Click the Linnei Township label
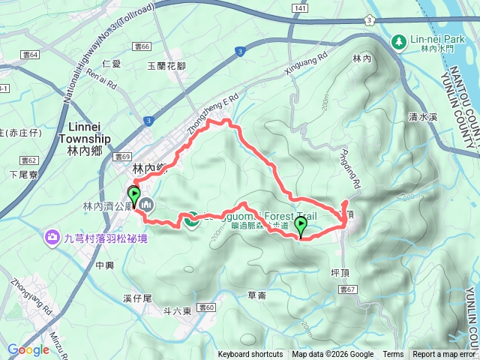tap(84, 133)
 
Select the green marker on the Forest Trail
tap(301, 226)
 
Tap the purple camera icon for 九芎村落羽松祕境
tap(52, 237)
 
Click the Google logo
tap(28, 349)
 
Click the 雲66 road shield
tap(142, 46)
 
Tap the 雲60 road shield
tap(207, 307)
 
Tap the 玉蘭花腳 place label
tap(165, 66)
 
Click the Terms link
tap(393, 355)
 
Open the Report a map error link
tap(444, 355)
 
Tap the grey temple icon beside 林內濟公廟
tap(146, 203)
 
